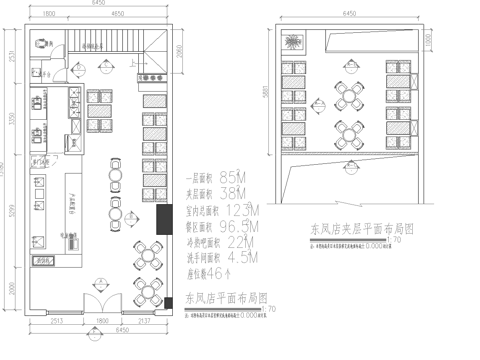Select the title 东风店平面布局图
(x=226, y=298)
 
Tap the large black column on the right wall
(x=162, y=216)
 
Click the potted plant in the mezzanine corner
(x=291, y=42)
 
